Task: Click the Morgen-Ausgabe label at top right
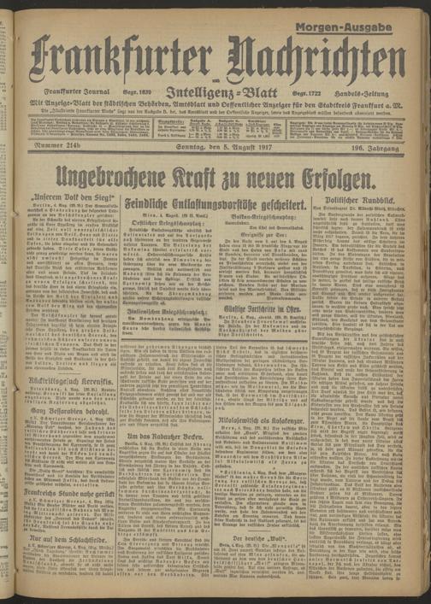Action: coord(378,26)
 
